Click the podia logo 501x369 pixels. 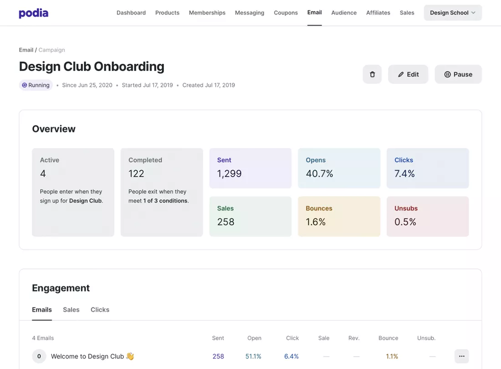pos(34,13)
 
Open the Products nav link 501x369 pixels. pos(167,13)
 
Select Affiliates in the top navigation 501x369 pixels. pos(378,13)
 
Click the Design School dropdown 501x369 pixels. pos(453,13)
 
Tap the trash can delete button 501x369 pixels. pos(372,74)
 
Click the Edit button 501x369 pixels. pos(408,74)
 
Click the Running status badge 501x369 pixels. pos(36,85)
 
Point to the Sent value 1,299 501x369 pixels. pos(230,174)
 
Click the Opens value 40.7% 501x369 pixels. pos(320,174)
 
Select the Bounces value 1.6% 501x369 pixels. pos(316,222)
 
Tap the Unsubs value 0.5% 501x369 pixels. pos(405,222)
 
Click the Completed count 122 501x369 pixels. pos(136,174)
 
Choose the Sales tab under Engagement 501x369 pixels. pos(71,310)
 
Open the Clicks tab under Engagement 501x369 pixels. pos(100,310)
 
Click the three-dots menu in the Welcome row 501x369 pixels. pos(462,356)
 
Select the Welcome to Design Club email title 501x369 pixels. pos(92,356)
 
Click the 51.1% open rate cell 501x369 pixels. pos(253,356)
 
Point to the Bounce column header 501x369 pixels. pos(388,338)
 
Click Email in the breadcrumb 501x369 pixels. pos(26,50)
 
